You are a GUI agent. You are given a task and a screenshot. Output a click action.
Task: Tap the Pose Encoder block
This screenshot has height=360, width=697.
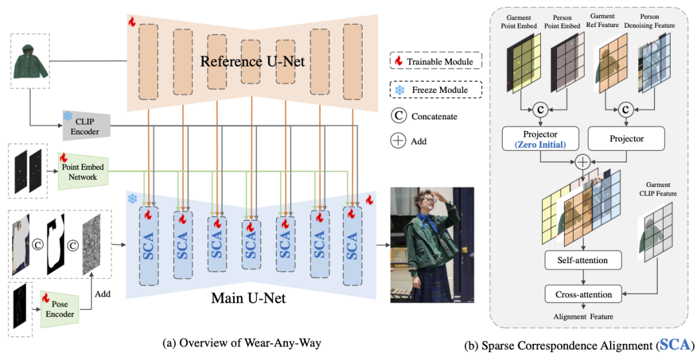click(62, 308)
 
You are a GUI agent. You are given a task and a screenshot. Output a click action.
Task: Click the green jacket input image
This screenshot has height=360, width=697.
click(30, 61)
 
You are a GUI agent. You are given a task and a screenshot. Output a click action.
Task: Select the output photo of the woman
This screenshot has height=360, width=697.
click(432, 245)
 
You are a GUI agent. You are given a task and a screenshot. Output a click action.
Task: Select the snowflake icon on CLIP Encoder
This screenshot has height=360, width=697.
click(68, 116)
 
